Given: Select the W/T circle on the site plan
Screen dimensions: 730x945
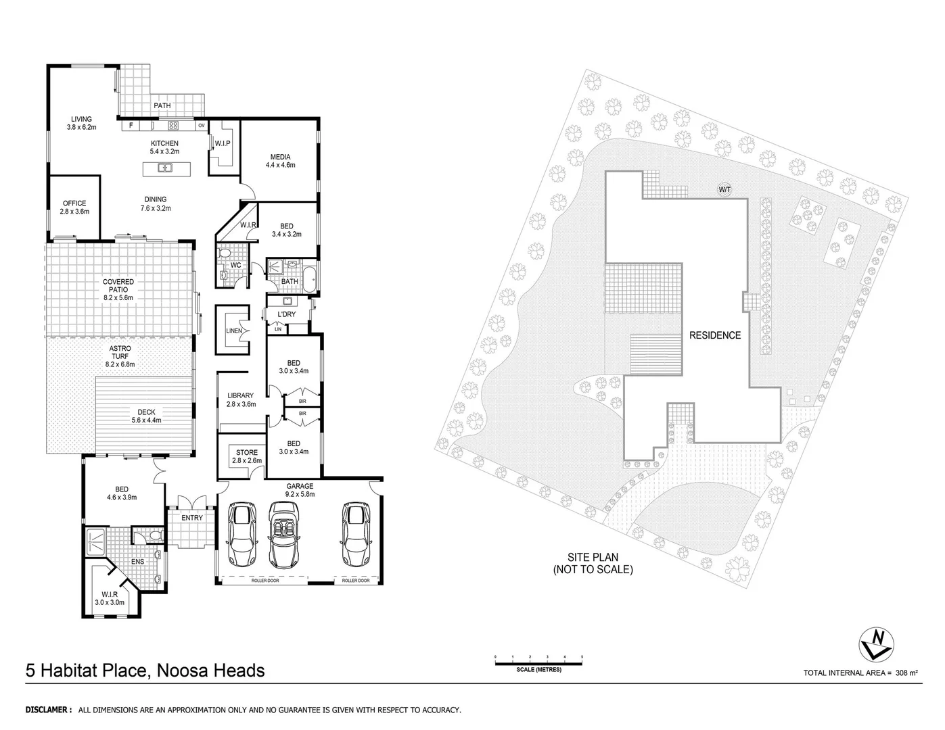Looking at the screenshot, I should click(724, 190).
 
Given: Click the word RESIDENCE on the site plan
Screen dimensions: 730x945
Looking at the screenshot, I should click(715, 335).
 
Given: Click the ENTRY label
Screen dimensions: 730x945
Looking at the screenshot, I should click(192, 518).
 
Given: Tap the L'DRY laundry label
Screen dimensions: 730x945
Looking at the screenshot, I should click(286, 315).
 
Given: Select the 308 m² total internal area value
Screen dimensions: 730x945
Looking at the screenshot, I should click(906, 673).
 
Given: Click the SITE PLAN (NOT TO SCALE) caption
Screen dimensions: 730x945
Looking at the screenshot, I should click(593, 564).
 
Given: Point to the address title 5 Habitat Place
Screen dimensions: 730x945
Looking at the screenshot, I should click(145, 671).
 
